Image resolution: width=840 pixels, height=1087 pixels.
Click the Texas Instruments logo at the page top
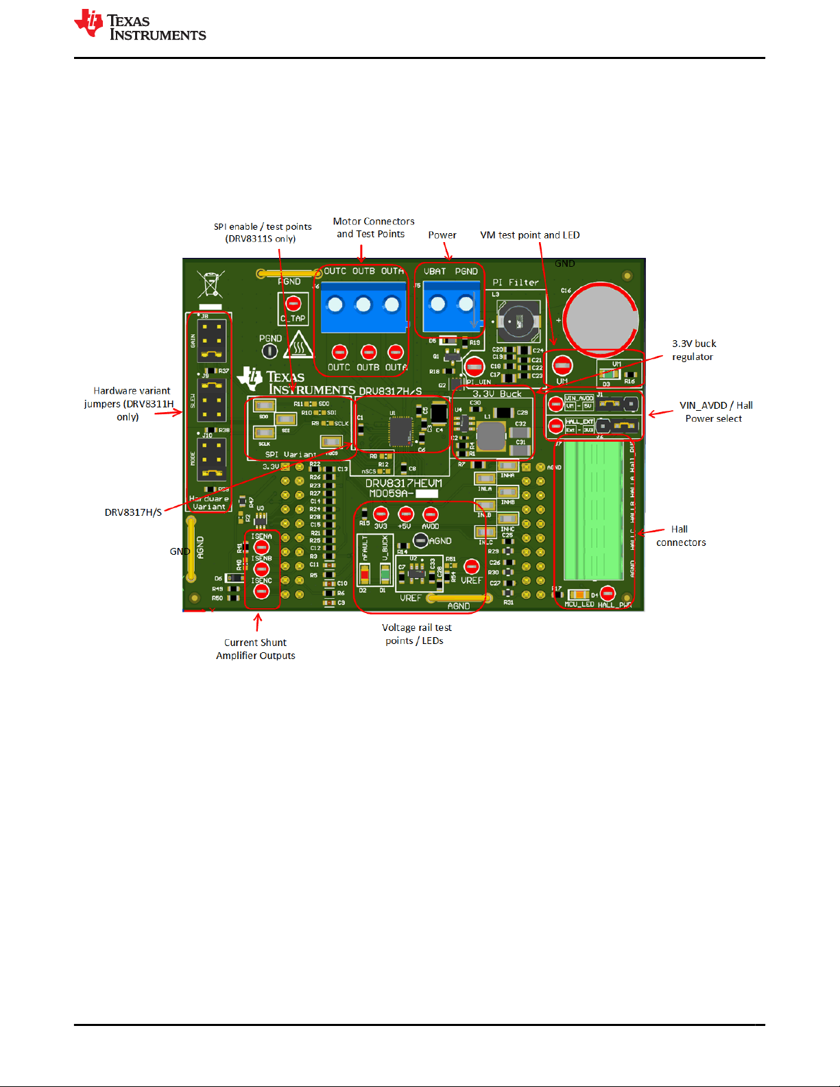(x=140, y=25)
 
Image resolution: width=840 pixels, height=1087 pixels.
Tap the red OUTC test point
(x=339, y=353)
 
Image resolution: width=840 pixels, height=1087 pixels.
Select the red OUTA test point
(x=396, y=353)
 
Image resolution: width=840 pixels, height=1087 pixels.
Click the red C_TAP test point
(x=293, y=304)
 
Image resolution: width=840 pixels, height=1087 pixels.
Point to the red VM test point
(x=562, y=365)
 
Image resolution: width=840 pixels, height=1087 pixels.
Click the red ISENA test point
(x=261, y=547)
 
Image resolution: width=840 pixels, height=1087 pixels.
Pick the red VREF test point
(x=471, y=566)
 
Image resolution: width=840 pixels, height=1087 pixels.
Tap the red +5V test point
(x=406, y=514)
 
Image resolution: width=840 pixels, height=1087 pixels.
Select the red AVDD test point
(x=431, y=514)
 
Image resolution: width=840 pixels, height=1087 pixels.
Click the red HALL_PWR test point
(x=608, y=593)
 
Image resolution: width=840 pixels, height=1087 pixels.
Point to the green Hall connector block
(x=593, y=511)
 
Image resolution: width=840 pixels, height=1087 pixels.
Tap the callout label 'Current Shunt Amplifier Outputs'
(x=256, y=649)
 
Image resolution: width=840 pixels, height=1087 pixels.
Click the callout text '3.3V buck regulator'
(x=693, y=350)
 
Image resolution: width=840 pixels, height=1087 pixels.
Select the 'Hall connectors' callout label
(x=681, y=536)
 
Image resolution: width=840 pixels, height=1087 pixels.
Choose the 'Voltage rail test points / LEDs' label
(x=416, y=634)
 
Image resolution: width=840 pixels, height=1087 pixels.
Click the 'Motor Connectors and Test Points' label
(x=373, y=228)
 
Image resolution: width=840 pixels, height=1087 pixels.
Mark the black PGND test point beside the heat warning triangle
(x=270, y=351)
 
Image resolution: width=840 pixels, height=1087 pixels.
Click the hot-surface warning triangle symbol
(x=299, y=346)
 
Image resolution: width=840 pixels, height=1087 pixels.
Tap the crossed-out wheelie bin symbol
(x=211, y=285)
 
